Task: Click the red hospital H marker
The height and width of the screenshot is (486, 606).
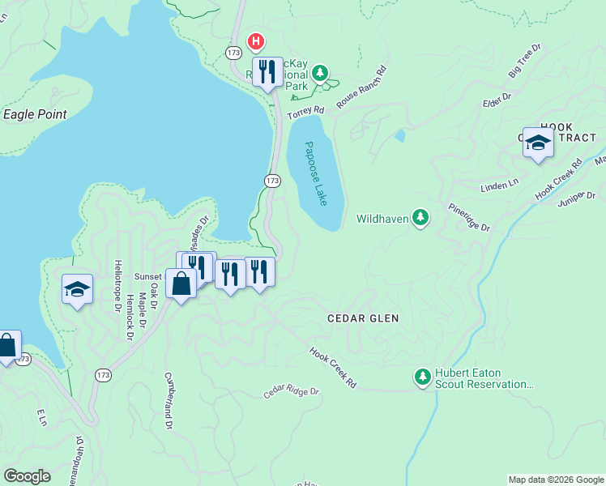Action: [256, 40]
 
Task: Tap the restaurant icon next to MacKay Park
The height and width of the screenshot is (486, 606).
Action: [267, 71]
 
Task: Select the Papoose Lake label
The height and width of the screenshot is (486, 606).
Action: [317, 173]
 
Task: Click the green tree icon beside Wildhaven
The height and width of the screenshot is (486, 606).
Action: [420, 217]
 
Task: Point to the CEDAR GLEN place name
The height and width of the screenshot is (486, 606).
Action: [362, 318]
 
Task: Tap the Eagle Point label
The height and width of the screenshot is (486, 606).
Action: [35, 114]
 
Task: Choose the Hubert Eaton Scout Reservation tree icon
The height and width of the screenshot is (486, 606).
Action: [422, 377]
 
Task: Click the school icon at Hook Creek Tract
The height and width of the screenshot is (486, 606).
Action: [538, 143]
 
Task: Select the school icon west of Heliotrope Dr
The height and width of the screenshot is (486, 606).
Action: [77, 288]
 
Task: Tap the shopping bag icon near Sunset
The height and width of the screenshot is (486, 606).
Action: [181, 283]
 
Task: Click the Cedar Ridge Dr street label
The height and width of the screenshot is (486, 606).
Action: [291, 392]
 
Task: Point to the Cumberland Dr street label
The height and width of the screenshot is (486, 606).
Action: [169, 400]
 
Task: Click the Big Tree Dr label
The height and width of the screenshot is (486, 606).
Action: [525, 62]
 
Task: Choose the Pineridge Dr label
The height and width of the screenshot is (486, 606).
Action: [467, 216]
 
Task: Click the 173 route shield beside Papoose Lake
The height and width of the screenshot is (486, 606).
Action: [272, 180]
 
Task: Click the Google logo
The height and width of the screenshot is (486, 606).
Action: [27, 476]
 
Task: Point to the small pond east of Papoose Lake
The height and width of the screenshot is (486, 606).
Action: [399, 135]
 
